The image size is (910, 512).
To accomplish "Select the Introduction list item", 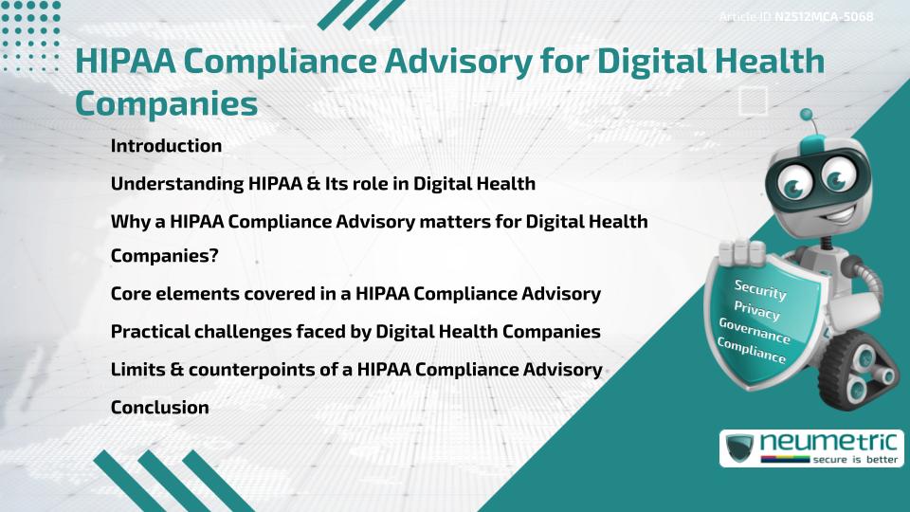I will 166,146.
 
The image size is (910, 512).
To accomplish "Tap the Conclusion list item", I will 159,407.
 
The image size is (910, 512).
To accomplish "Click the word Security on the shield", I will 760,288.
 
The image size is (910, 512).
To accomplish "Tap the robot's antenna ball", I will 807,115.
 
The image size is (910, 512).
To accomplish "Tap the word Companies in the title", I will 166,102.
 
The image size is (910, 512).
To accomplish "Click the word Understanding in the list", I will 175,183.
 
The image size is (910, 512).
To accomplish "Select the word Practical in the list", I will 152,332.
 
